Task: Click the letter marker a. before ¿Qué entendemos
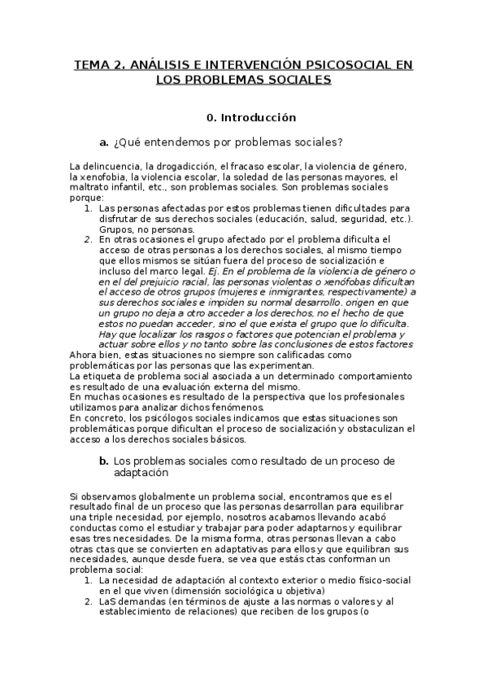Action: pyautogui.click(x=104, y=143)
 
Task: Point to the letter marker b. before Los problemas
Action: pyautogui.click(x=104, y=461)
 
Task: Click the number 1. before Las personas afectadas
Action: pyautogui.click(x=89, y=208)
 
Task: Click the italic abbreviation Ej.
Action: pyautogui.click(x=213, y=271)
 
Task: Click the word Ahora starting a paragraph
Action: pyautogui.click(x=85, y=356)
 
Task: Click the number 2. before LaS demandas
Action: pyautogui.click(x=89, y=602)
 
